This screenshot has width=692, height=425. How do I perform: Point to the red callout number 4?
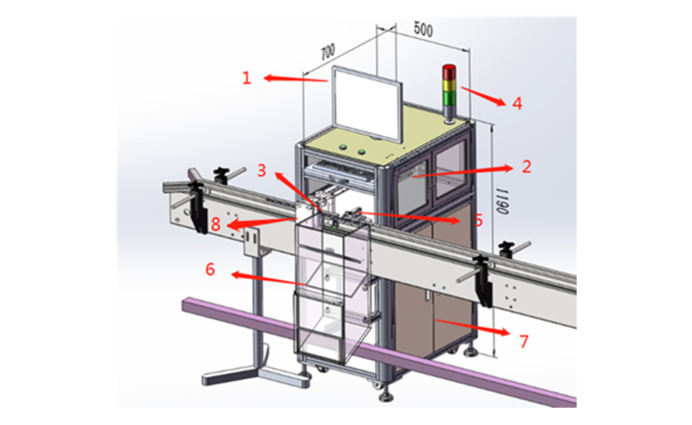[517, 103]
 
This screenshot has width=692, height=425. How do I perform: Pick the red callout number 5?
[478, 220]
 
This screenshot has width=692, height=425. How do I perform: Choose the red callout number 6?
[210, 269]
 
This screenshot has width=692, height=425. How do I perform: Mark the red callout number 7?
[524, 341]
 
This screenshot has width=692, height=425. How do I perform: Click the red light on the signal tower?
[448, 71]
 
